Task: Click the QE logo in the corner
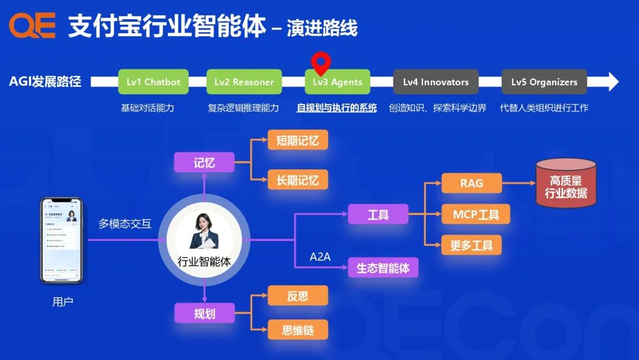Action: [x=32, y=25]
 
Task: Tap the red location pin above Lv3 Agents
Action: [x=321, y=61]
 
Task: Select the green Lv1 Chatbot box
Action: [x=153, y=82]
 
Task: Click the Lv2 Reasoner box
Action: [x=244, y=82]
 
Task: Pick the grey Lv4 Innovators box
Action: [x=435, y=82]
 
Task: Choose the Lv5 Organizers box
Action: [x=544, y=82]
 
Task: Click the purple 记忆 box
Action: [x=204, y=163]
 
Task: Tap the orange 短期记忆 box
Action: [x=298, y=140]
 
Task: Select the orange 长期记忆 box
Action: [x=298, y=179]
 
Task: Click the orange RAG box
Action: [x=472, y=183]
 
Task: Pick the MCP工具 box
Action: [x=476, y=214]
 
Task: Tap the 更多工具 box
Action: [x=472, y=245]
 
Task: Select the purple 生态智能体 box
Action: [x=383, y=268]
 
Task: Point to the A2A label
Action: [x=320, y=256]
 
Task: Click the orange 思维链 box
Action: [x=298, y=330]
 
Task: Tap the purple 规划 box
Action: [x=204, y=313]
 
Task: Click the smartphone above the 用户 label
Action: [x=62, y=240]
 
